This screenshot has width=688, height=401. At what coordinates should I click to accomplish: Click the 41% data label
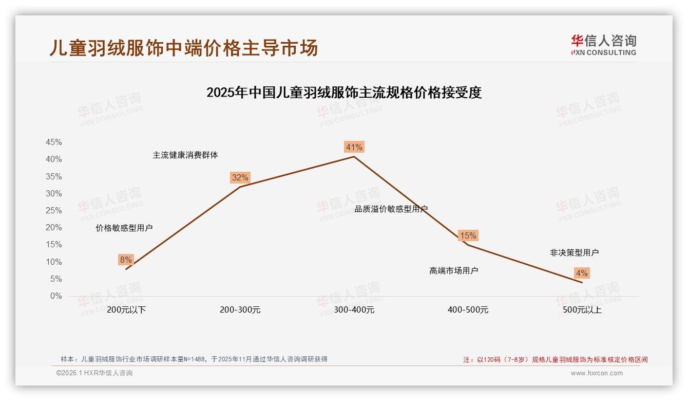(354, 148)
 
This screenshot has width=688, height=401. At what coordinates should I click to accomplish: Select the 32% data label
(240, 178)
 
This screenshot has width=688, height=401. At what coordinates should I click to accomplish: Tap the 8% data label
(126, 260)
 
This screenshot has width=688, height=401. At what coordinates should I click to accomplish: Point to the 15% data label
(468, 236)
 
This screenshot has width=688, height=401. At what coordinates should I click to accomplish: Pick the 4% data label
(582, 273)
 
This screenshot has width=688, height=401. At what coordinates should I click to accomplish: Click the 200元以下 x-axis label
(126, 310)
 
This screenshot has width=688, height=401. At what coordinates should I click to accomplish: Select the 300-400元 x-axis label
(354, 310)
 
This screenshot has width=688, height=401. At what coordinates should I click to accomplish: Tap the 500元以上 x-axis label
(582, 310)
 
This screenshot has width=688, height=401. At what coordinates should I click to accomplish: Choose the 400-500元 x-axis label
(468, 310)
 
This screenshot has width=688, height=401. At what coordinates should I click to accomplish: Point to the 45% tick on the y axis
(54, 142)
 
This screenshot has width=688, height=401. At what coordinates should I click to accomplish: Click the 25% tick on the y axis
(54, 211)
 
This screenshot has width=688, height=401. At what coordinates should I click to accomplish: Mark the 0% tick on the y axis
(56, 296)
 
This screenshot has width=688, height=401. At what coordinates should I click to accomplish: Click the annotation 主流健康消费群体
(185, 155)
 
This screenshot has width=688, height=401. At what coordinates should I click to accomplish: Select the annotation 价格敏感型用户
(124, 228)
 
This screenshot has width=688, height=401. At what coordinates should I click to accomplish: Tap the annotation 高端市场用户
(454, 270)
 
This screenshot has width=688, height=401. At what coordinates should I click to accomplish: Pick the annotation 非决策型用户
(574, 252)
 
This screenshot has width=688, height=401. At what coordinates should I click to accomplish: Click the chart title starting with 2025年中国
(344, 93)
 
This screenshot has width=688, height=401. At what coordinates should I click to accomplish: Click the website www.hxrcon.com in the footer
(597, 373)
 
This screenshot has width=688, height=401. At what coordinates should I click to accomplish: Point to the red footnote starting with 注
(556, 359)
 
